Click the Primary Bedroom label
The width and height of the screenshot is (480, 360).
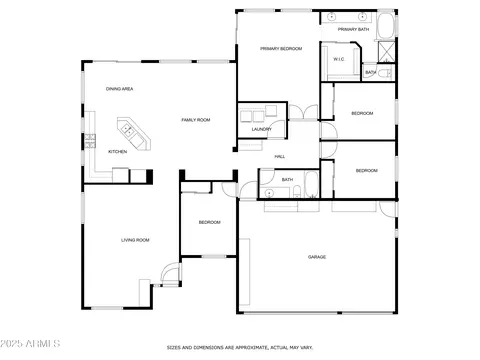281,49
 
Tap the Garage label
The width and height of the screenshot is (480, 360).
317,257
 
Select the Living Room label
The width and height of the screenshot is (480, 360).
135,240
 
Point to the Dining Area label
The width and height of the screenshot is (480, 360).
119,89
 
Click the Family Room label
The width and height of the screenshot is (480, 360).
196,120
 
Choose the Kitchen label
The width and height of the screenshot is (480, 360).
117,152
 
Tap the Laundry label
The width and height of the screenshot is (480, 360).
262,129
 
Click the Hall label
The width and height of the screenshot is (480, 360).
279,157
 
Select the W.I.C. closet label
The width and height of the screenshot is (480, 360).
339,59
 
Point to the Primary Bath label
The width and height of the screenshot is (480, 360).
353,29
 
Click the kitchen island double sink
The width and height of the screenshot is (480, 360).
128,130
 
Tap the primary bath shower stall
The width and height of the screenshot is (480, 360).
386,52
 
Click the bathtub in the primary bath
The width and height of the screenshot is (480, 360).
386,26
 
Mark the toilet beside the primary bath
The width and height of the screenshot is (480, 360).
387,73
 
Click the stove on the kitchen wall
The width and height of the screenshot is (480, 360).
90,141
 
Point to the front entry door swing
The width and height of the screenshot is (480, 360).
171,273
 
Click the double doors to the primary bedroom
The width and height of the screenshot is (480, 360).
303,112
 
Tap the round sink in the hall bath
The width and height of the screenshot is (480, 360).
268,193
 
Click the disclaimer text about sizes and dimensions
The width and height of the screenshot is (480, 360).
240,348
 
